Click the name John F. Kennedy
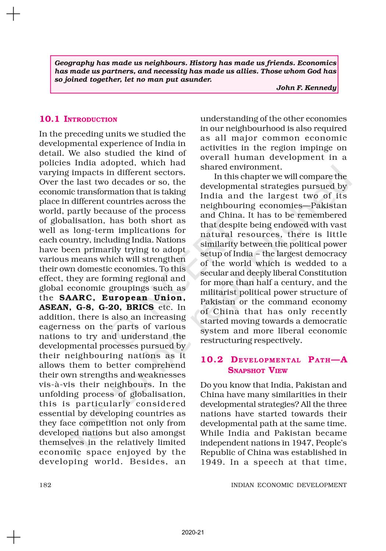tap(306, 88)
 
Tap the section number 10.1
tap(49, 119)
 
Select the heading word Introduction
tap(90, 119)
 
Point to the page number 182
tap(45, 485)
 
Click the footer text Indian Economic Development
tap(289, 485)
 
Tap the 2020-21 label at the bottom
tap(193, 532)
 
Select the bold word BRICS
tap(140, 307)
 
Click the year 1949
tap(212, 462)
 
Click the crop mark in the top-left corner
tap(13, 14)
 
